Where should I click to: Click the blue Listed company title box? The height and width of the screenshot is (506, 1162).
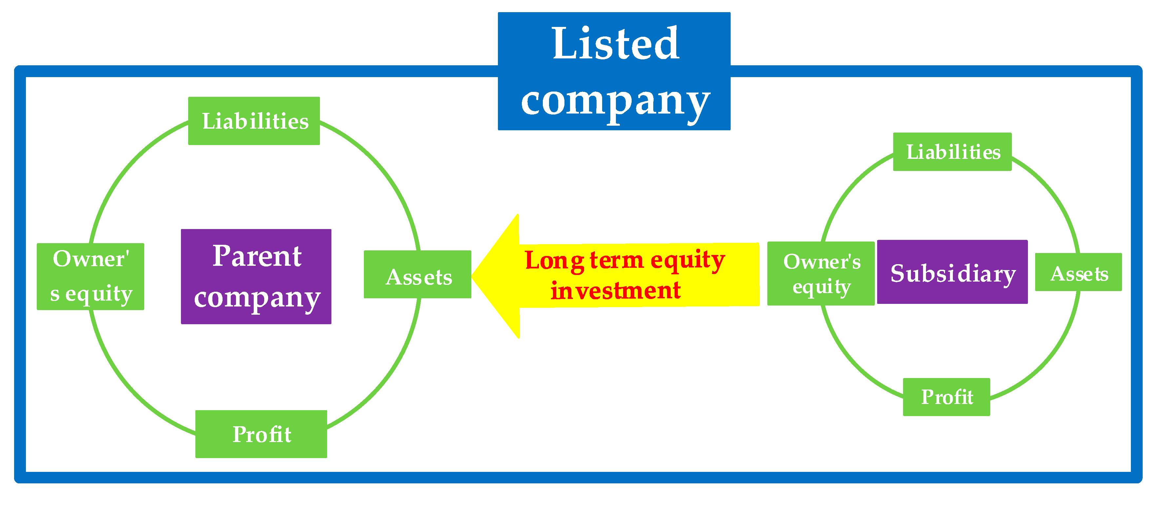coord(614,71)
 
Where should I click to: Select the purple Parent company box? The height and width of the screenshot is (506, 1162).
coord(256,276)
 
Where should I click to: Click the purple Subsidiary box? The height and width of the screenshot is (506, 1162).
coord(952,272)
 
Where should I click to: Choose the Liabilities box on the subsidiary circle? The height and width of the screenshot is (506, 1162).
coord(952,152)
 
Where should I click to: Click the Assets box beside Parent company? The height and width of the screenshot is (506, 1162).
coord(418,274)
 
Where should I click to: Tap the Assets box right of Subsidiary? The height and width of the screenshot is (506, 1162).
coord(1078,272)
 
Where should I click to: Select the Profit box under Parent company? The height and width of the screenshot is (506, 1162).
coord(261,434)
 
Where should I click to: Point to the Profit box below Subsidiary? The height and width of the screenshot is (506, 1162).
coord(946,397)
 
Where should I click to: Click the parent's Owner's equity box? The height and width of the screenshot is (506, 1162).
coord(90,276)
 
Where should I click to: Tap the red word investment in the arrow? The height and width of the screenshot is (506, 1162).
coord(615,290)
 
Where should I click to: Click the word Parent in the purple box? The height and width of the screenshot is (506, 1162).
coord(257,256)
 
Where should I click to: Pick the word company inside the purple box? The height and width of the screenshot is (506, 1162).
coord(257,298)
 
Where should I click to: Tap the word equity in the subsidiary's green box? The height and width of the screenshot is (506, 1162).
coord(821,286)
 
